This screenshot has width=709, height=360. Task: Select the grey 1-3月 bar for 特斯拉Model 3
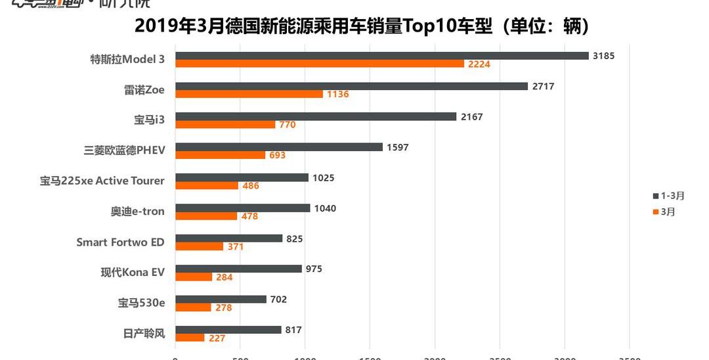pyautogui.click(x=381, y=56)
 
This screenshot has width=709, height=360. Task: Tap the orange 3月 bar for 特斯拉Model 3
pyautogui.click(x=319, y=64)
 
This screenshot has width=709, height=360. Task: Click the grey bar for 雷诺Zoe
pyautogui.click(x=351, y=86)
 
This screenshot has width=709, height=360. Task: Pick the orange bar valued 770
pyautogui.click(x=225, y=125)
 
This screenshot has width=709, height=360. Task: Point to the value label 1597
pyautogui.click(x=398, y=147)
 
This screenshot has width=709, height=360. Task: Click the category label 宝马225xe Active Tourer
pyautogui.click(x=102, y=181)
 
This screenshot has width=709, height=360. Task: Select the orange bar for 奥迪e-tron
pyautogui.click(x=205, y=215)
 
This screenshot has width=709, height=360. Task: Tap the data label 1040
pyautogui.click(x=325, y=208)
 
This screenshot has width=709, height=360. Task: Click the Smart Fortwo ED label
pyautogui.click(x=120, y=242)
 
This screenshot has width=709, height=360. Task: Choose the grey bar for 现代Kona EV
pyautogui.click(x=238, y=269)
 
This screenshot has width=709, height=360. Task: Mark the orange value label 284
pyautogui.click(x=225, y=277)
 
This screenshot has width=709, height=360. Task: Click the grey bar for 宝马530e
pyautogui.click(x=220, y=300)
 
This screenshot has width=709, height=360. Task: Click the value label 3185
pyautogui.click(x=603, y=56)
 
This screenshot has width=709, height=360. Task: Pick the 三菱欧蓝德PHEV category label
pyautogui.click(x=124, y=150)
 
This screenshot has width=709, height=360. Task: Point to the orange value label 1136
pyautogui.click(x=337, y=94)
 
